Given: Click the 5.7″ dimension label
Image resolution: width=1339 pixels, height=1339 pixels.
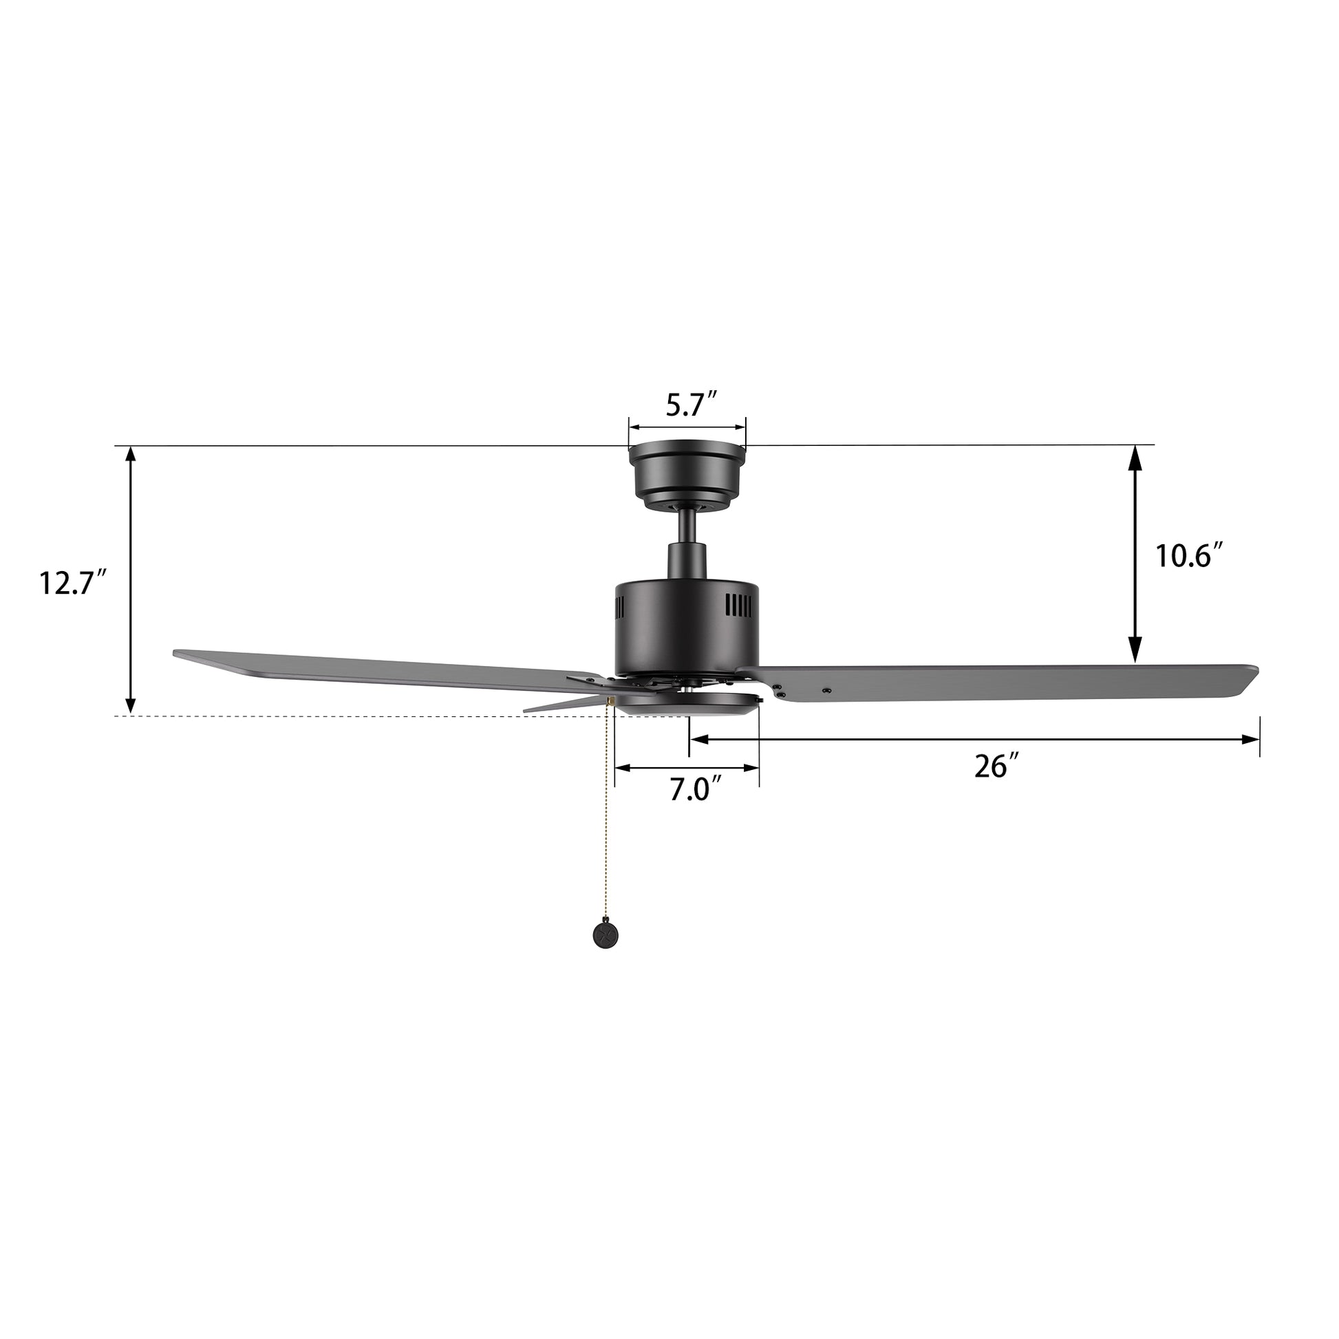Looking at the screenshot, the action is [691, 405].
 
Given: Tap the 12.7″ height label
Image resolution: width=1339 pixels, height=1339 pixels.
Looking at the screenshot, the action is [72, 582].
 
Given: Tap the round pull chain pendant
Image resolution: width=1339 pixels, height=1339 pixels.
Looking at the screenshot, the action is [605, 935].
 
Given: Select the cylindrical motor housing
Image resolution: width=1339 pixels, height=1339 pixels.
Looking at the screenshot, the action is [687, 628].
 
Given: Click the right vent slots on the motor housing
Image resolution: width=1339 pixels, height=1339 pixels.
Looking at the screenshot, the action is [738, 606].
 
